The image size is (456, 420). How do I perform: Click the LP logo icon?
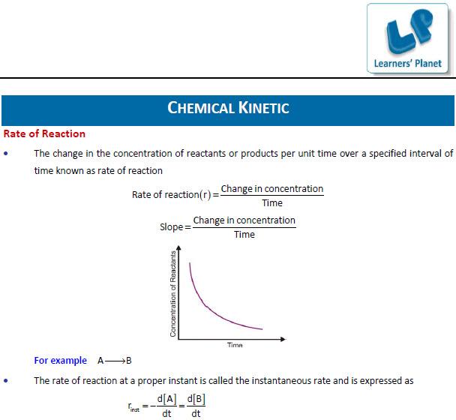[409, 31]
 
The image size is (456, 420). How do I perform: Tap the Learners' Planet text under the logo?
[407, 64]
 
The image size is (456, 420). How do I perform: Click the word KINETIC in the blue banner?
[263, 107]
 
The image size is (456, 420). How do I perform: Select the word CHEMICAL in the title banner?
[201, 107]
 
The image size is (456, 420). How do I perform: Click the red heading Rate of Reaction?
[44, 133]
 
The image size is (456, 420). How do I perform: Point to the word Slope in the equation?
[171, 227]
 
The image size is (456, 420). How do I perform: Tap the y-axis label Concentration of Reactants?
[173, 294]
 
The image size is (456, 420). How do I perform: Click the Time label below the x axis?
[235, 345]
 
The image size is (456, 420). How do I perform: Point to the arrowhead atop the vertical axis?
[178, 247]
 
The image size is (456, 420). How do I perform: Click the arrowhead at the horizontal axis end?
[283, 339]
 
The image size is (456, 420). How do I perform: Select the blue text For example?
[61, 361]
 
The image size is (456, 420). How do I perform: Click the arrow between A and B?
[115, 361]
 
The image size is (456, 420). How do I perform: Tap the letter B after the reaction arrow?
[129, 361]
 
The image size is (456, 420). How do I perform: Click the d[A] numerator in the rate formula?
[166, 399]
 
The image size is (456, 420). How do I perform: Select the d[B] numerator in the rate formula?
[196, 399]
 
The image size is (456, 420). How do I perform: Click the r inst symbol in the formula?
[133, 407]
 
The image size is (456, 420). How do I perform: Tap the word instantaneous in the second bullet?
[281, 381]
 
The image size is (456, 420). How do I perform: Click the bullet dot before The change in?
[6, 154]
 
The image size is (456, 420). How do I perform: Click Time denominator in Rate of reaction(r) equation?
[272, 203]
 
